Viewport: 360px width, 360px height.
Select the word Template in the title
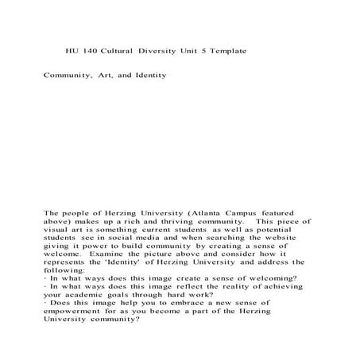click(x=225, y=50)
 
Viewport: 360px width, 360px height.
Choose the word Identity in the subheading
click(x=147, y=75)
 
